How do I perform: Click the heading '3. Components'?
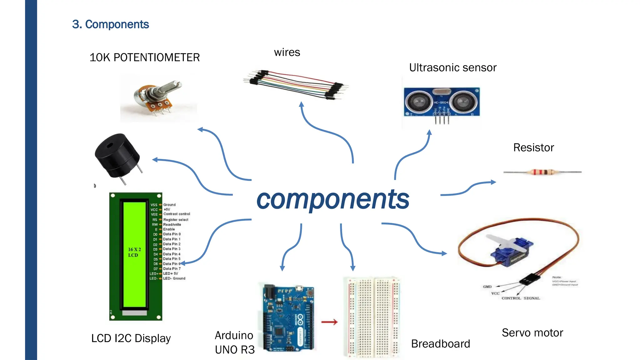coord(110,24)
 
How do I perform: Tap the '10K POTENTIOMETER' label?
coord(144,57)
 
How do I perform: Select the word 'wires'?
coord(287,52)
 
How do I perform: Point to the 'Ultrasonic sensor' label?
coord(452,67)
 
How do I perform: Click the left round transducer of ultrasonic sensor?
coord(418,102)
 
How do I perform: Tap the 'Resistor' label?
coord(533,147)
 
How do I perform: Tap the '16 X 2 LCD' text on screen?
coord(134,252)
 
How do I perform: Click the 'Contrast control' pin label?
coord(177,214)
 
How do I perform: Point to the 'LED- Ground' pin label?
coord(174,278)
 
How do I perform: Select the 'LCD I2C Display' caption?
coord(131,338)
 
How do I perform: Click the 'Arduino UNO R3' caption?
coord(235,342)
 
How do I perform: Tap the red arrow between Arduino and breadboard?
coord(329,322)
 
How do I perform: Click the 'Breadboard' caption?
coord(440,344)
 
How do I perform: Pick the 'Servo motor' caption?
coord(532,333)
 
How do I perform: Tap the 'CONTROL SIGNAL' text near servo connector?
coord(521,298)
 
